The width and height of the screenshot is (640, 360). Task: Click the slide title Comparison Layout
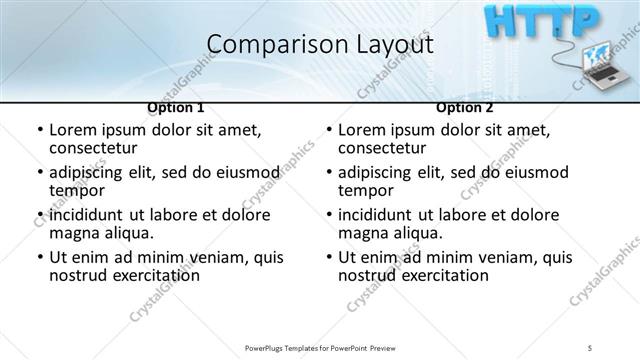[x=320, y=44]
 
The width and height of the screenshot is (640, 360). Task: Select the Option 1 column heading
[x=176, y=107]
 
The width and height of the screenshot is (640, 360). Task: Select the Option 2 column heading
[x=465, y=107]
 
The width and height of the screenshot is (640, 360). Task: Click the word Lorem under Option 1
[x=74, y=130]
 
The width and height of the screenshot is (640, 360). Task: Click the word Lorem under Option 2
[x=363, y=130]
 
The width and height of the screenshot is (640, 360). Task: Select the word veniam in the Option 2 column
[x=502, y=258]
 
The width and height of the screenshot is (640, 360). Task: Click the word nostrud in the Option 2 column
[x=368, y=276]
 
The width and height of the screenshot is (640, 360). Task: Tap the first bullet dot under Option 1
[x=38, y=131]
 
